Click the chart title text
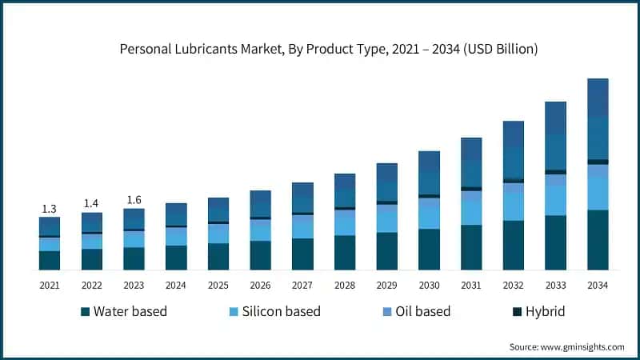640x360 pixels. pos(329,49)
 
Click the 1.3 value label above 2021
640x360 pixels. pos(50,209)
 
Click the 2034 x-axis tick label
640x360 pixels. pos(598,286)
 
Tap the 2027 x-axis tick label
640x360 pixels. pos(302,286)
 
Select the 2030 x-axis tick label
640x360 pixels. pos(430,286)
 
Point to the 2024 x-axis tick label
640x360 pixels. pos(176,286)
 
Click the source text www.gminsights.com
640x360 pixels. pos(566,346)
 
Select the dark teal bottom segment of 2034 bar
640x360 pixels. pos(598,240)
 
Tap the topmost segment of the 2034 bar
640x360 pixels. pos(598,98)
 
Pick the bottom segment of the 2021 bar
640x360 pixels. pos(50,260)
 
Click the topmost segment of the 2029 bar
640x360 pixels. pos(387,171)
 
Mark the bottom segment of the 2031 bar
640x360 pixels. pos(472,247)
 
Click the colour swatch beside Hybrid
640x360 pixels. pos(517,311)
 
